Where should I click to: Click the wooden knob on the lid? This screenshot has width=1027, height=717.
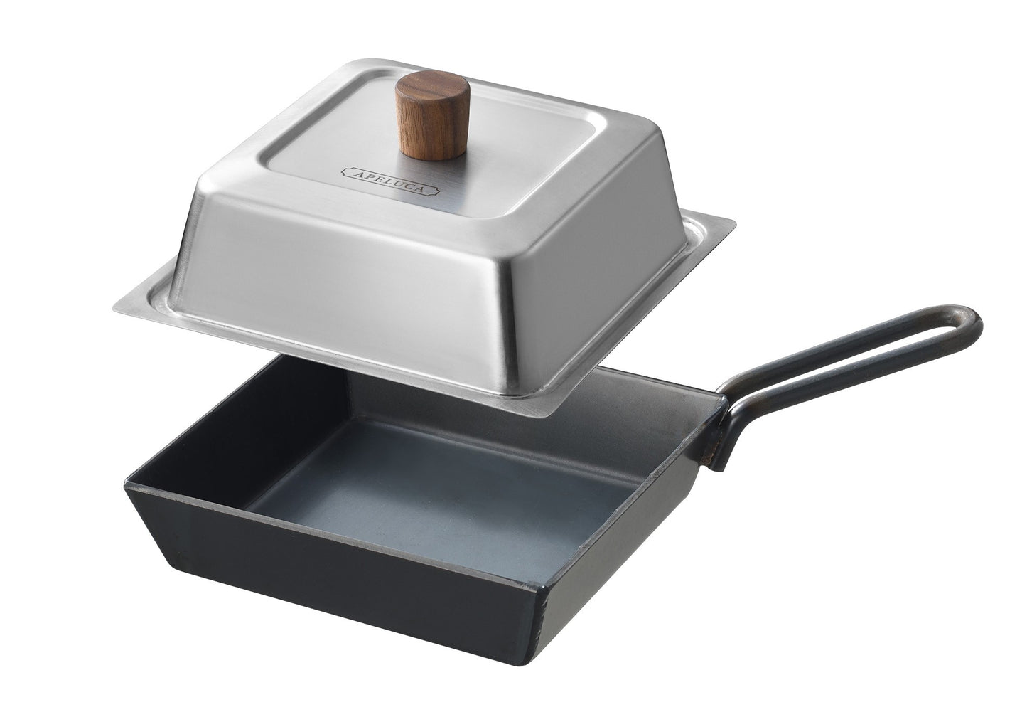(x=433, y=116)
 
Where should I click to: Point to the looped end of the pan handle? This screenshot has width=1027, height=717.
(x=967, y=326)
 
